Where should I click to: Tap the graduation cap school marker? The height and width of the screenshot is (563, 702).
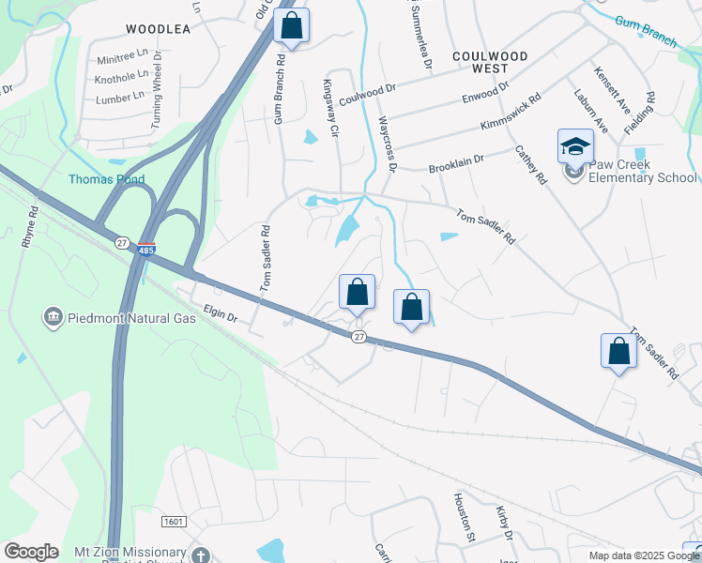pos(575,146)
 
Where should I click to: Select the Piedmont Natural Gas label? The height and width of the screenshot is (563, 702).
pos(132,318)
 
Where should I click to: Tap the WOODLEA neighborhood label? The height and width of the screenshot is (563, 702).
pos(158,29)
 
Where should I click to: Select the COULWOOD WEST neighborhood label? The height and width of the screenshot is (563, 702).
pos(491,63)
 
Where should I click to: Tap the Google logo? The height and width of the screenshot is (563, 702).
pos(31,552)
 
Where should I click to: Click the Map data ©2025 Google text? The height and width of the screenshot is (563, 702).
pos(643,555)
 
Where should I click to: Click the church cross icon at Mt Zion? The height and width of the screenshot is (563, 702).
pos(200,555)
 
